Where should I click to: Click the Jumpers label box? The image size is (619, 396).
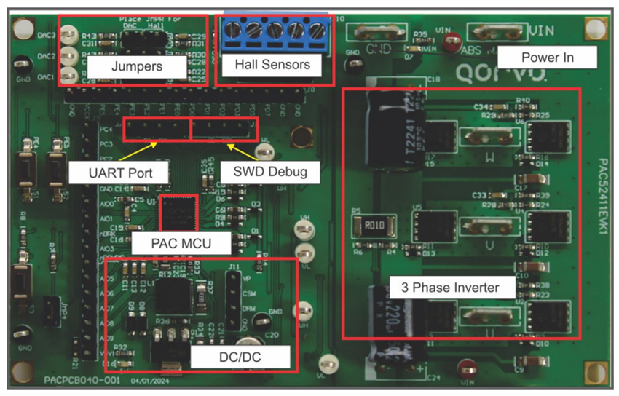point(136,66)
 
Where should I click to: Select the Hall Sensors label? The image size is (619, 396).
point(272,64)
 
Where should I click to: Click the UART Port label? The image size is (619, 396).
point(118,173)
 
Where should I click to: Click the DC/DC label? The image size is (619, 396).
point(240,357)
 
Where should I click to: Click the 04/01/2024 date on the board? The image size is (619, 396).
point(149,379)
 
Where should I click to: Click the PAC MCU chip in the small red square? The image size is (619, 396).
point(178,213)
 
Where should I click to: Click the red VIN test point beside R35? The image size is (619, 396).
point(452,40)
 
